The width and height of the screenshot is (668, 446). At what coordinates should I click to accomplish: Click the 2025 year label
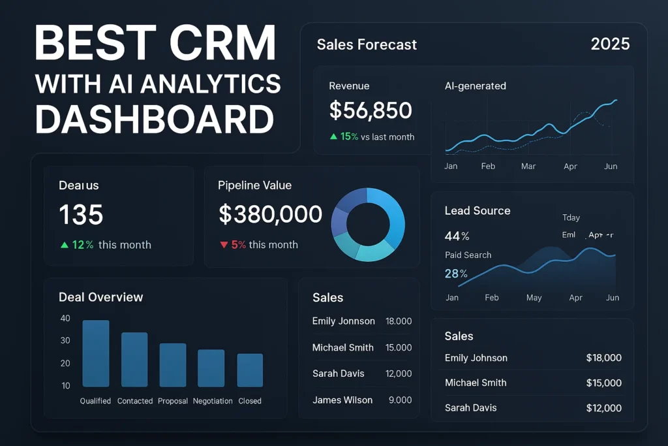pyautogui.click(x=610, y=44)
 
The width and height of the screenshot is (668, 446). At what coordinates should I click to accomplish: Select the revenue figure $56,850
pyautogui.click(x=370, y=110)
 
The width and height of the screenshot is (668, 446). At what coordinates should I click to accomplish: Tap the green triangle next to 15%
pyautogui.click(x=333, y=136)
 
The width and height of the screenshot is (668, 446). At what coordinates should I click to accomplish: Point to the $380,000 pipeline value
pyautogui.click(x=270, y=214)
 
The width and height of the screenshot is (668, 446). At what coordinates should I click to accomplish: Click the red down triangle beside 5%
pyautogui.click(x=223, y=245)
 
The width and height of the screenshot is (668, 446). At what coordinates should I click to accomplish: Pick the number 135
pyautogui.click(x=81, y=214)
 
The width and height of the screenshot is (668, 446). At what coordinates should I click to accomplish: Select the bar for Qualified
pyautogui.click(x=95, y=353)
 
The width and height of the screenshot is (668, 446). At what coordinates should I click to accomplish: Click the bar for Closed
pyautogui.click(x=250, y=370)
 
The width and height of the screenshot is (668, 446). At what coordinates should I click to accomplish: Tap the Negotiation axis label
pyautogui.click(x=213, y=401)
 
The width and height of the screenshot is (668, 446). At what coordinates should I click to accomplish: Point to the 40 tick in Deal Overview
pyautogui.click(x=65, y=319)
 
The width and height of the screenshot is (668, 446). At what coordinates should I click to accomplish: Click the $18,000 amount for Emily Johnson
pyautogui.click(x=603, y=358)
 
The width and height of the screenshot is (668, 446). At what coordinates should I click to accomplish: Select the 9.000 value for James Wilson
pyautogui.click(x=399, y=400)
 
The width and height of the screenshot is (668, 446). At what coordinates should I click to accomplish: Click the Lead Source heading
pyautogui.click(x=478, y=210)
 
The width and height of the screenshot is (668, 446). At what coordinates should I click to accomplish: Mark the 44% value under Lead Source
pyautogui.click(x=457, y=236)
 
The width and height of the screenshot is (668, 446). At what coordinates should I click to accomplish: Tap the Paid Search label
pyautogui.click(x=468, y=255)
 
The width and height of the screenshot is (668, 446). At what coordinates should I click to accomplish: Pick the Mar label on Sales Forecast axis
pyautogui.click(x=528, y=167)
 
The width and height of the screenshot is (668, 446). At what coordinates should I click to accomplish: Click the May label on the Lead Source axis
pyautogui.click(x=534, y=298)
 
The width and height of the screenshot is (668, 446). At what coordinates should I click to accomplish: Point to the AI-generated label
pyautogui.click(x=475, y=86)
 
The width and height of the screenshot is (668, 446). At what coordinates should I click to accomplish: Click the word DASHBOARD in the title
pyautogui.click(x=155, y=120)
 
